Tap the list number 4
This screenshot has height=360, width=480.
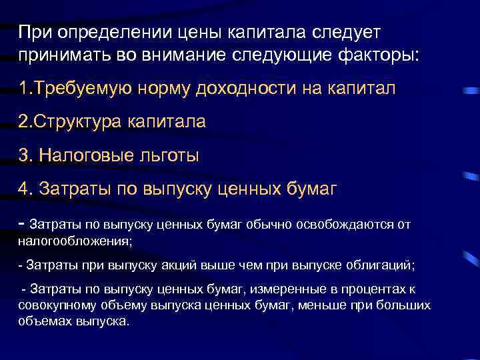(x=25, y=189)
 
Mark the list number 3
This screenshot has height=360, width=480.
(x=25, y=155)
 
